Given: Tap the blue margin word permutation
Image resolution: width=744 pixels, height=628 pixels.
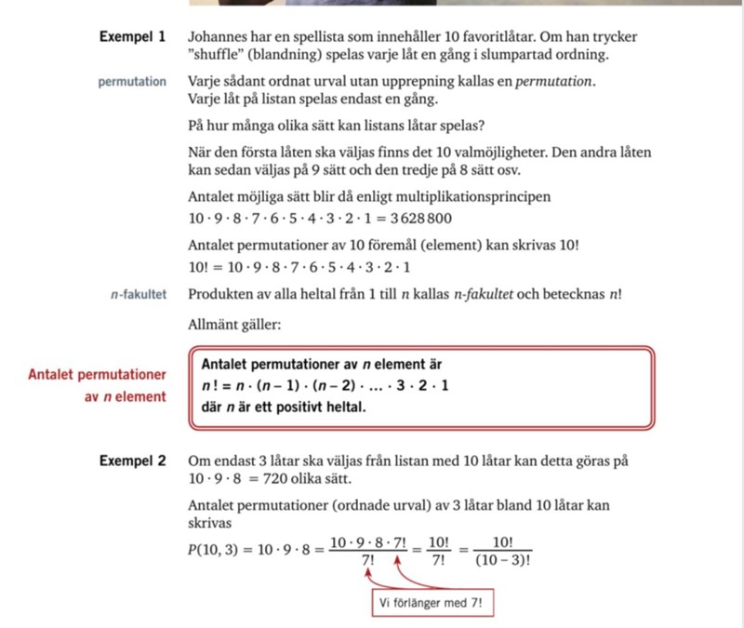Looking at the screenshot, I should [132, 81].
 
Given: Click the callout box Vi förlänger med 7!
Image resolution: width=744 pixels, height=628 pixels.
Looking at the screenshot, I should [431, 604].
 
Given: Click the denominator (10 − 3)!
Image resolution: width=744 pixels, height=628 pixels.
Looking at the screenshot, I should [500, 561].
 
